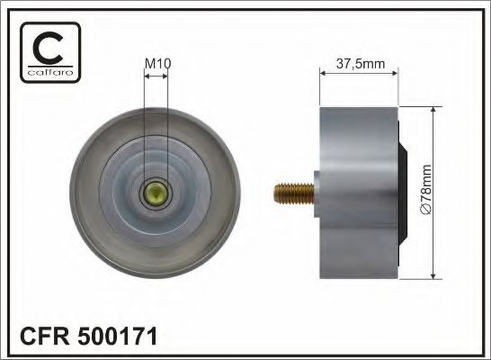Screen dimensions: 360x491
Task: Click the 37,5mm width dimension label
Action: click(x=360, y=63)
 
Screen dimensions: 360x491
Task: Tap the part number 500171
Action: click(x=114, y=337)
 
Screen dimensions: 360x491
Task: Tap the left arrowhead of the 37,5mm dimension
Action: click(x=323, y=76)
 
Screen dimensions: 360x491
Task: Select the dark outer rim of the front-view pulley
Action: click(x=83, y=193)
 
